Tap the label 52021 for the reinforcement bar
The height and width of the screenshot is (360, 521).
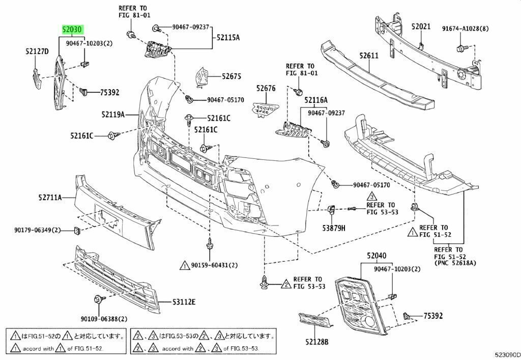click(421, 26)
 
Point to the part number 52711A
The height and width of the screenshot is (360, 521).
click(49, 197)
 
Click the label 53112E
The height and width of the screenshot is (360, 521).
click(181, 301)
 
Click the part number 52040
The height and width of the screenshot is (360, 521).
click(377, 257)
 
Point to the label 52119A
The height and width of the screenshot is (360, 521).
click(112, 115)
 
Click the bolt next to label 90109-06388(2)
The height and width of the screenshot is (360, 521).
click(97, 299)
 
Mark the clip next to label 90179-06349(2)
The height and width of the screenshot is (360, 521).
click(77, 231)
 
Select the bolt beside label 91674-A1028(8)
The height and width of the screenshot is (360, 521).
click(460, 48)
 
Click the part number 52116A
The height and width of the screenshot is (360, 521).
click(316, 101)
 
